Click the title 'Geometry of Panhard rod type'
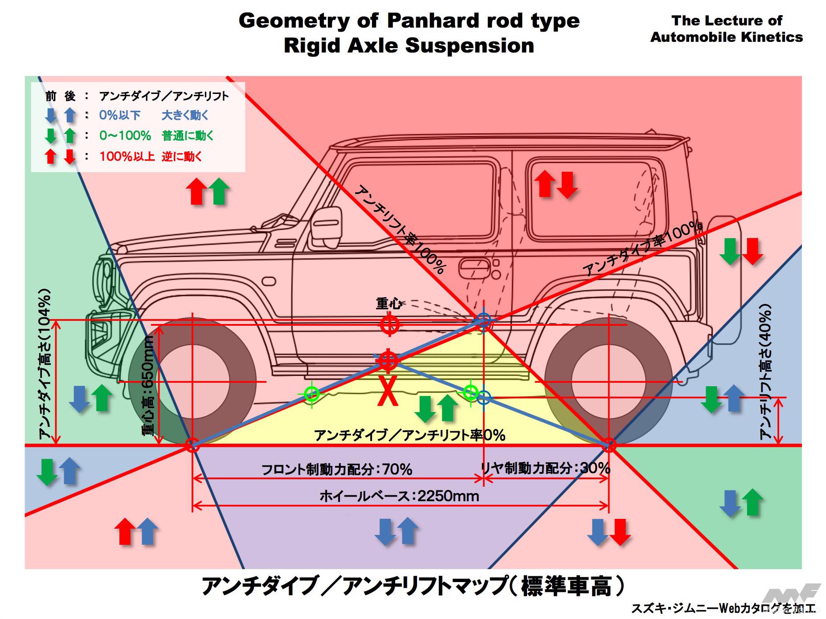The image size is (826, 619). coord(409,20)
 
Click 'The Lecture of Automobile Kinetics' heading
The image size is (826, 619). coord(726,28)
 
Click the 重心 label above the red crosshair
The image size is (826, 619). coord(388,304)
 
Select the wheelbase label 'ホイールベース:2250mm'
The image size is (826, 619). coord(399,496)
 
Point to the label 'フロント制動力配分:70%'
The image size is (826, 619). coord(336,469)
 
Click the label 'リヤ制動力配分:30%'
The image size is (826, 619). coord(545,468)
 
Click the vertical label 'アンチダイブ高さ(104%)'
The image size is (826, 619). coord(45,364)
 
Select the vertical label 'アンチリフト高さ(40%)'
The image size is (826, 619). coord(765,372)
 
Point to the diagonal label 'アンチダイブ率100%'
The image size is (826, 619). coord(642,249)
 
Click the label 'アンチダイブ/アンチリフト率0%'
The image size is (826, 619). coord(409,435)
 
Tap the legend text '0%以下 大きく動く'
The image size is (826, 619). coord(154,115)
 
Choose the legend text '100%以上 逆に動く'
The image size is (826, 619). coord(151,156)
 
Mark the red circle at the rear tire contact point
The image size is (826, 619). coord(609,445)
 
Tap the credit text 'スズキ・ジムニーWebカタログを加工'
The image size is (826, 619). coord(722,608)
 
